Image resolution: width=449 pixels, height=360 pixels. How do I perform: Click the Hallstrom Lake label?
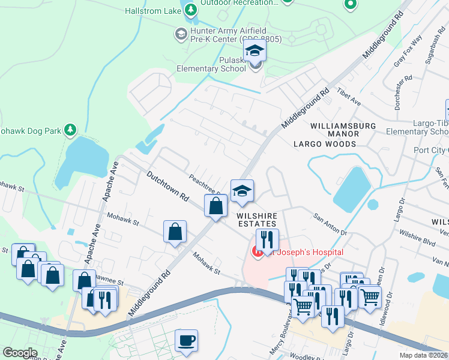(x=153, y=10)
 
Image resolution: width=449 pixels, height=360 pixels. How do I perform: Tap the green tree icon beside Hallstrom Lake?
(x=191, y=10)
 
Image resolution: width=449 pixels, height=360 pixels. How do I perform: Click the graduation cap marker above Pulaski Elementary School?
(x=255, y=51)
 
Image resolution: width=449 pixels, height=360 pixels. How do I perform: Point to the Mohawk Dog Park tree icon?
(x=70, y=130)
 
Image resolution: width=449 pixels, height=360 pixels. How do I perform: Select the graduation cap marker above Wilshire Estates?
(x=243, y=191)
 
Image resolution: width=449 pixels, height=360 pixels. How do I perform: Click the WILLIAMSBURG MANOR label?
(x=343, y=126)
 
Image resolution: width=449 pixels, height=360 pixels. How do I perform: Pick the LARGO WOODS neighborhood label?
(x=324, y=144)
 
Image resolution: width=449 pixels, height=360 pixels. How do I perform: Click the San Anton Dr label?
(x=330, y=223)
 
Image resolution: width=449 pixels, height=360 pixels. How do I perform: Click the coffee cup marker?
(x=186, y=340)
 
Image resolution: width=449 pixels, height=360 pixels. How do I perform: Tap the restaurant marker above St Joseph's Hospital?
(x=267, y=240)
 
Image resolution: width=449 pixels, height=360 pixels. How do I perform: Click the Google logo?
(x=20, y=353)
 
